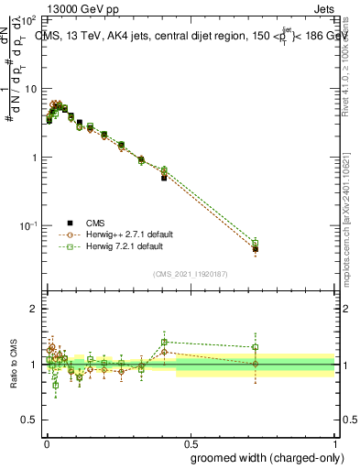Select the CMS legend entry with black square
[x=95, y=223]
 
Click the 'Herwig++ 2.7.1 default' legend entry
[x=126, y=234]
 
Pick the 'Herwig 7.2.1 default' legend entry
[x=124, y=246]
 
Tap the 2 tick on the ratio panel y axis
[x=35, y=309]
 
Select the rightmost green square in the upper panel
[x=256, y=243]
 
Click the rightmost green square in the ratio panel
[x=256, y=347]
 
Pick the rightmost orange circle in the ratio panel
[x=256, y=364]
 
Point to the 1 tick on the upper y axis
[x=35, y=158]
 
